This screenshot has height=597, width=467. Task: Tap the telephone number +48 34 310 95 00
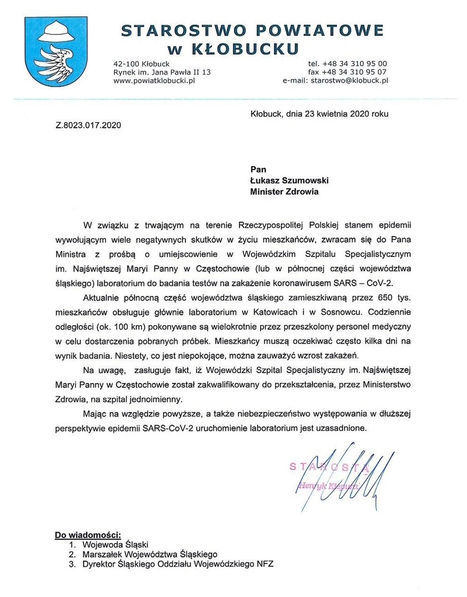(354, 63)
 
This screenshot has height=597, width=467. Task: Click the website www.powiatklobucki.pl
(154, 80)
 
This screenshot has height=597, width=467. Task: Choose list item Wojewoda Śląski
(115, 544)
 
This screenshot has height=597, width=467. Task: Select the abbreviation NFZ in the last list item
(264, 564)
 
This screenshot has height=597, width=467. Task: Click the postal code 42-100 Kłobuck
(142, 63)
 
